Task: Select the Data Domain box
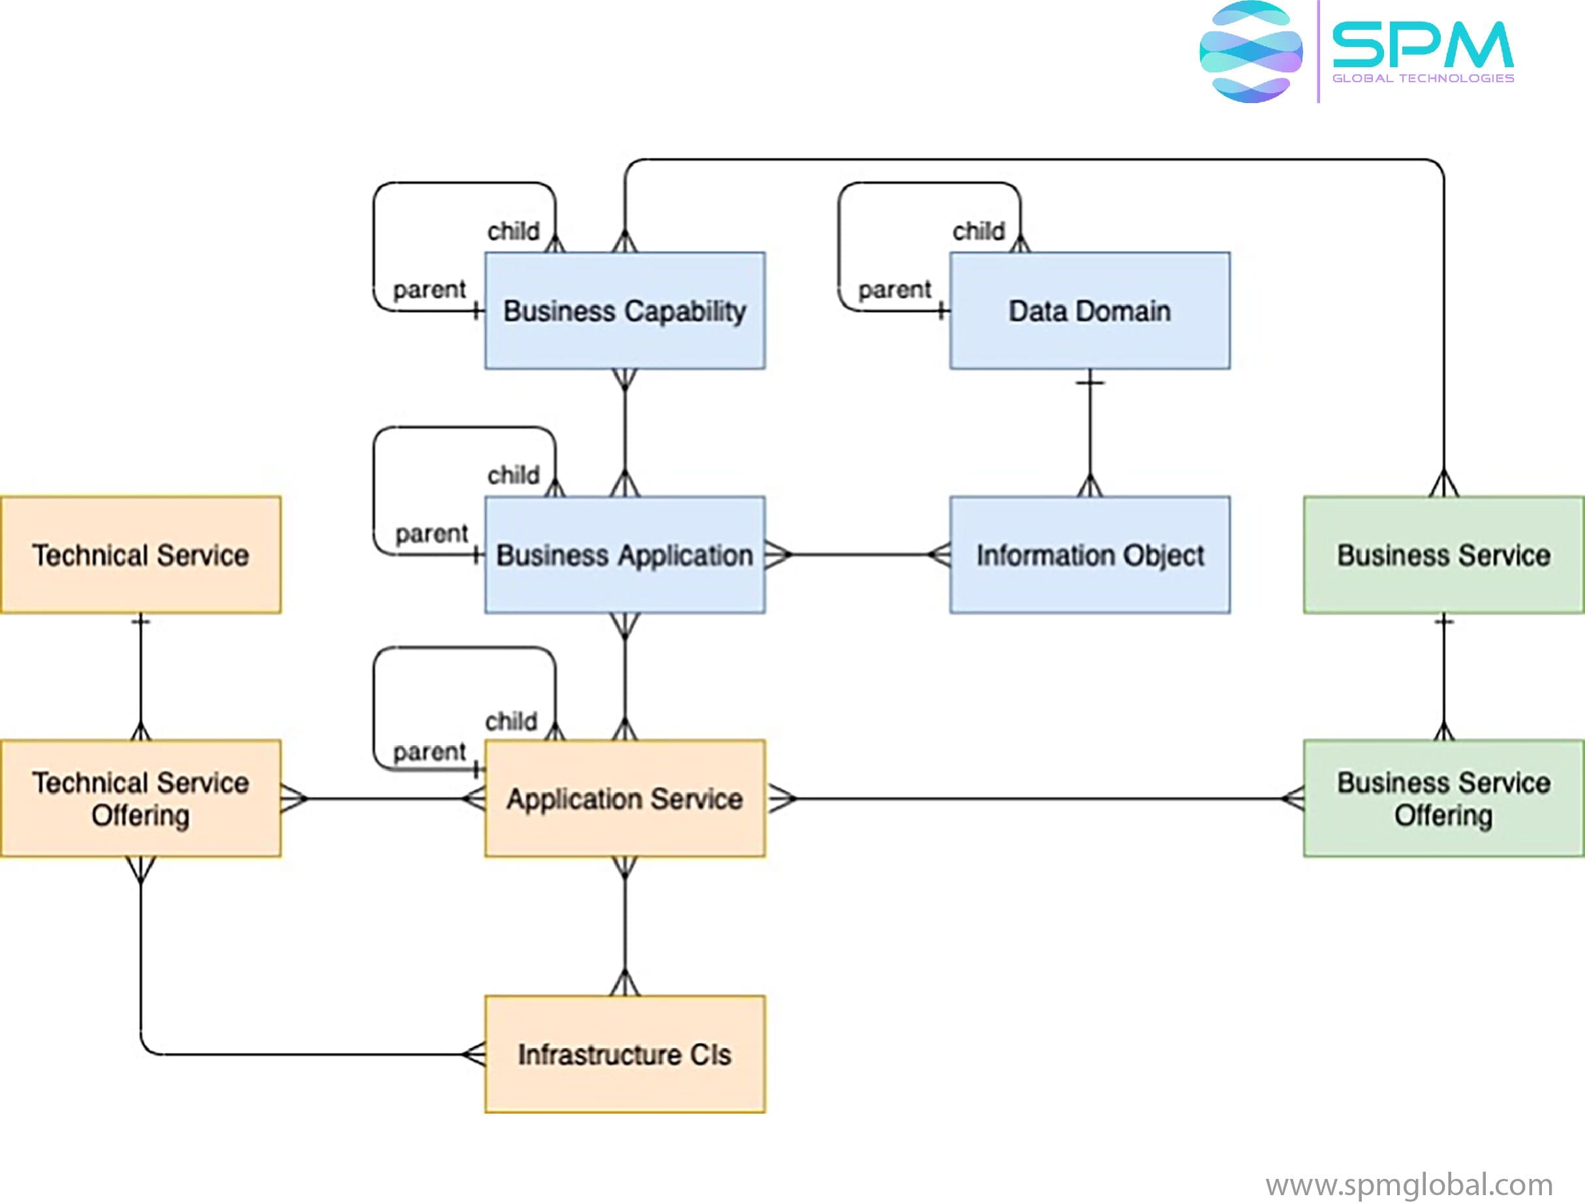[1089, 311]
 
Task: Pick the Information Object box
[1089, 555]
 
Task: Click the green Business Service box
[1443, 555]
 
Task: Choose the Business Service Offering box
[1443, 798]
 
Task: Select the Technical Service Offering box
[140, 798]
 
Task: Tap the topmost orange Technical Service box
[140, 555]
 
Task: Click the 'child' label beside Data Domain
[978, 232]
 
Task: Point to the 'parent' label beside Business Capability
[429, 290]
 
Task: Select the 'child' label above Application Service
[511, 721]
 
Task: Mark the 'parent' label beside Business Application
[431, 534]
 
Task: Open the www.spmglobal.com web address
[1409, 1184]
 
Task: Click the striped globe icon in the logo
[1251, 51]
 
